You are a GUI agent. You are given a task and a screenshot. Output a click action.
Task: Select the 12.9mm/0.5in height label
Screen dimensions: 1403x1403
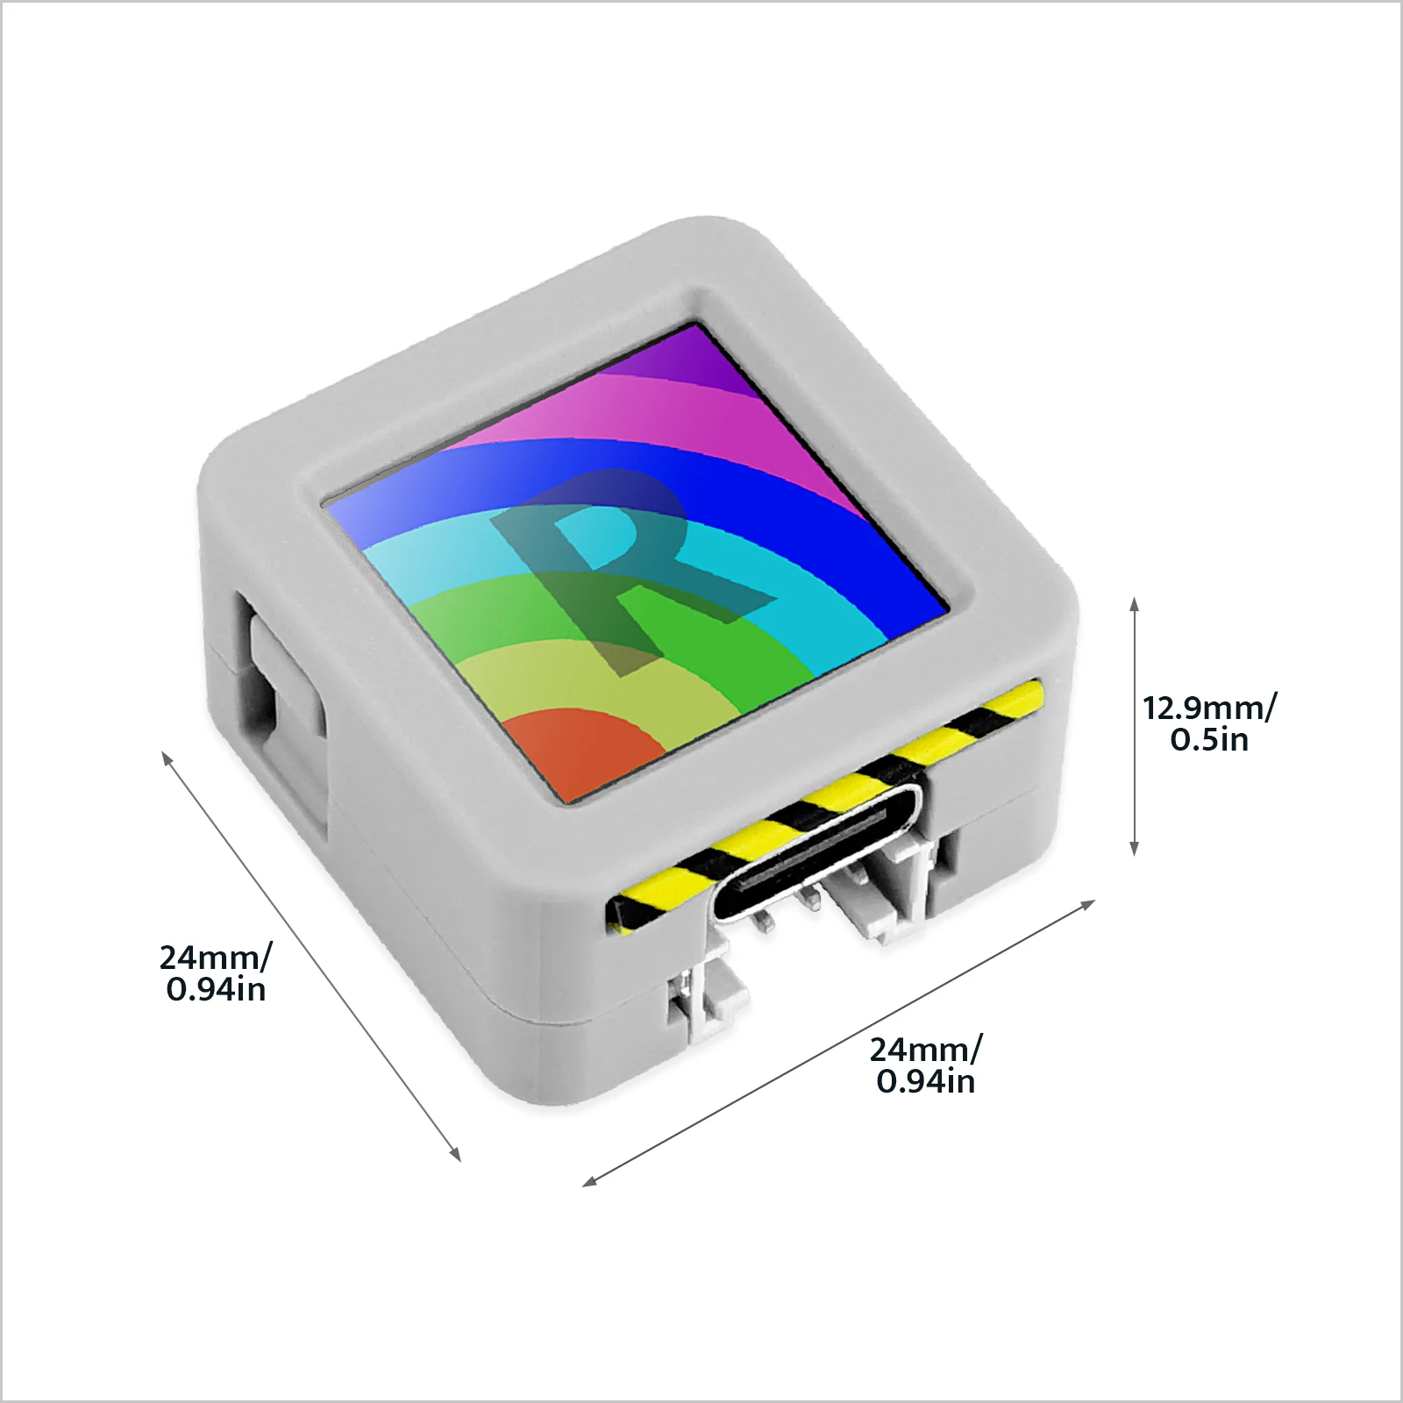click(1209, 723)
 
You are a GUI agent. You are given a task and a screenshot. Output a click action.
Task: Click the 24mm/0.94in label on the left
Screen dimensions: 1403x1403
click(216, 973)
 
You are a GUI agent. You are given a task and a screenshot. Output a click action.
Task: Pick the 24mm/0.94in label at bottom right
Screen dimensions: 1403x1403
click(926, 1065)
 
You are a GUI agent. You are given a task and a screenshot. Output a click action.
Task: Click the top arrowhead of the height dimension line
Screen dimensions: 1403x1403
click(1134, 603)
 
